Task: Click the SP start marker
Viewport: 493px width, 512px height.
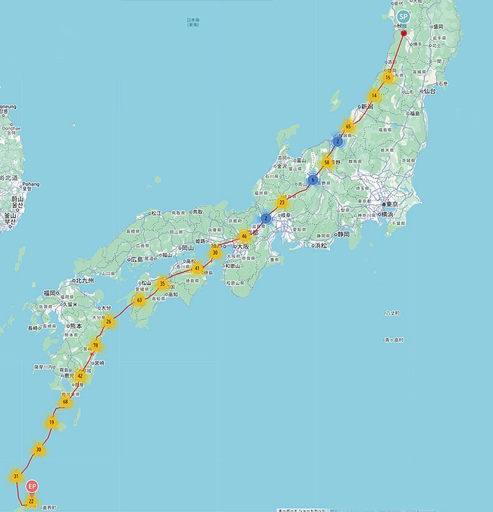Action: point(403,16)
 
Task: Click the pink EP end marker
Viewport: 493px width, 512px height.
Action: point(31,485)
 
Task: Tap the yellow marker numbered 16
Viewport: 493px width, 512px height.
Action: point(388,77)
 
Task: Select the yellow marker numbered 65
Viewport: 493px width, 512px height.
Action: point(348,127)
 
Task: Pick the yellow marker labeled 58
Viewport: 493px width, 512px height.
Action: point(327,162)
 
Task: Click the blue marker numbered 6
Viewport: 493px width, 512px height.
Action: point(312,180)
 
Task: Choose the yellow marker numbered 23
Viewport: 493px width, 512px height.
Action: point(282,203)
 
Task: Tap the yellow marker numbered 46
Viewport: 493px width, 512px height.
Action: point(244,236)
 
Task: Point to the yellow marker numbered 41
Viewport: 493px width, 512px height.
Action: point(197,268)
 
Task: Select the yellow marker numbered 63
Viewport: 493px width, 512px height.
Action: point(139,300)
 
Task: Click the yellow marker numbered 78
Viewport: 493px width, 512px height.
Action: point(95,346)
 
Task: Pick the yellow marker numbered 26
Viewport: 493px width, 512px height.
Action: point(108,322)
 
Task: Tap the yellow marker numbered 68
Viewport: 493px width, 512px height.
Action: point(66,401)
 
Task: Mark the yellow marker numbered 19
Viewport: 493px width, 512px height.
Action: point(52,422)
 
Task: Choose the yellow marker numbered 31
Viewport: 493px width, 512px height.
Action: point(16,476)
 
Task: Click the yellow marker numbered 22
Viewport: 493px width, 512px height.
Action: point(31,501)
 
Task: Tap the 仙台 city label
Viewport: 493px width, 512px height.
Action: point(430,90)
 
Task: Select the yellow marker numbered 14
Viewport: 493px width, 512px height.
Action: point(374,96)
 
